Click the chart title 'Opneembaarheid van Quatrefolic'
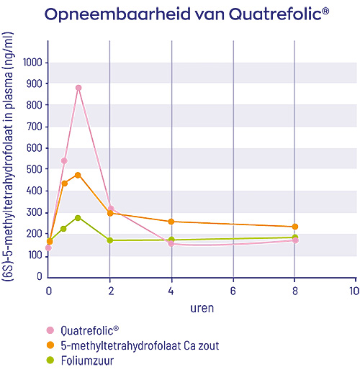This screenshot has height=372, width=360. pyautogui.click(x=179, y=14)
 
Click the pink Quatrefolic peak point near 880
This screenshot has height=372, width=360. pyautogui.click(x=78, y=88)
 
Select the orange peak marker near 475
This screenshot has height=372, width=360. pyautogui.click(x=78, y=175)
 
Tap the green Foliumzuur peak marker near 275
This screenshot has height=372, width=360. pyautogui.click(x=78, y=217)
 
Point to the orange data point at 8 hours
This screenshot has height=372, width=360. pyautogui.click(x=294, y=227)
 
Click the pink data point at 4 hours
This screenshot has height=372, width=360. pyautogui.click(x=171, y=244)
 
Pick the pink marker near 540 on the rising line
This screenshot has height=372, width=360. pyautogui.click(x=64, y=160)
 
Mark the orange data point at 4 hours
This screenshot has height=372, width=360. pyautogui.click(x=171, y=222)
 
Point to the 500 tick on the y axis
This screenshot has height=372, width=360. pyautogui.click(x=34, y=169)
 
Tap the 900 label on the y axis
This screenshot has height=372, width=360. pyautogui.click(x=34, y=84)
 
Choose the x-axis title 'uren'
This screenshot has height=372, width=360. pyautogui.click(x=202, y=307)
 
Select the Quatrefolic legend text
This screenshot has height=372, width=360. pyautogui.click(x=90, y=331)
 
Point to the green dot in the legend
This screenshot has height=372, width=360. pyautogui.click(x=50, y=360)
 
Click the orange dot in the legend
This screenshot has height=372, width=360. pyautogui.click(x=50, y=345)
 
